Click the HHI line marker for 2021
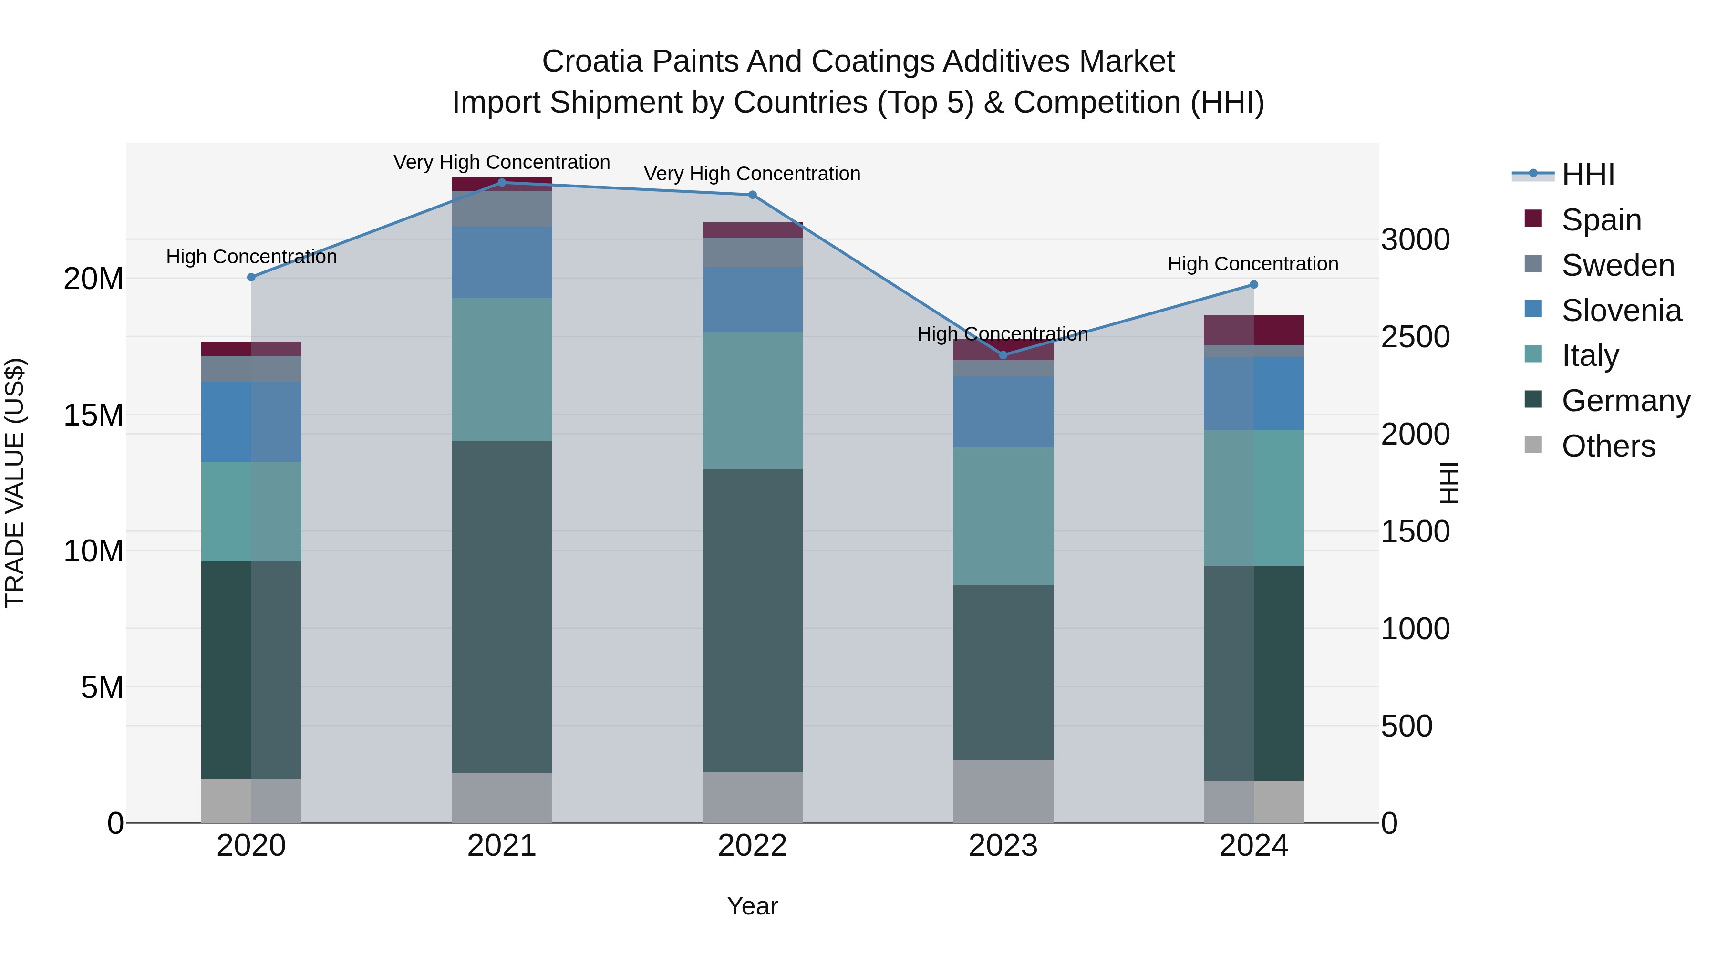coord(502,183)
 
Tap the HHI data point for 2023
coord(1003,355)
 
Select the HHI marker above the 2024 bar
coord(1253,285)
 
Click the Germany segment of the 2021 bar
coord(502,607)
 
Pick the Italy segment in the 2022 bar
coord(753,400)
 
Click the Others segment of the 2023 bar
coord(1003,791)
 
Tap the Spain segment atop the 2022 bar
coord(753,230)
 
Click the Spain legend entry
coord(1601,220)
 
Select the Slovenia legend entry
coord(1621,311)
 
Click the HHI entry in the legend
coord(1588,175)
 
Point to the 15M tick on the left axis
coord(93,415)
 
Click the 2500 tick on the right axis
coord(1415,337)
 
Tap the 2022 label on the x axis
coord(753,846)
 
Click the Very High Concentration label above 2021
coord(502,162)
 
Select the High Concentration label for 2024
coord(1252,264)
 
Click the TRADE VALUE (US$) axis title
coord(15,483)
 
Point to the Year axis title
coord(753,906)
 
